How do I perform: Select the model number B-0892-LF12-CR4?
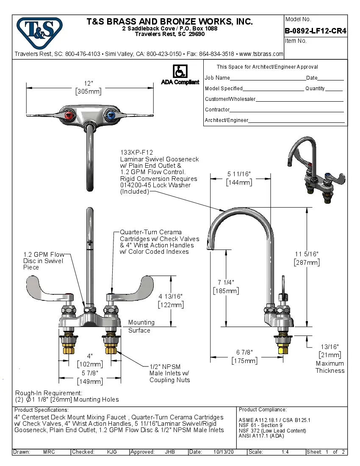point(316,31)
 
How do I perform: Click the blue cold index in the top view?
point(111,115)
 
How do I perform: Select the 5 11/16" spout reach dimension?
point(239,178)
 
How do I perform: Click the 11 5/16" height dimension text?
point(307,258)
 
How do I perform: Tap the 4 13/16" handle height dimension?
point(171,300)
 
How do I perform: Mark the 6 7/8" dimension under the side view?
point(244,356)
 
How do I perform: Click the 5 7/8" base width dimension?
point(89,377)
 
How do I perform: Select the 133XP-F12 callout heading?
point(137,153)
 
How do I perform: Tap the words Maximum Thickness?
point(330,367)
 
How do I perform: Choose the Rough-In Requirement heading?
point(49,393)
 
